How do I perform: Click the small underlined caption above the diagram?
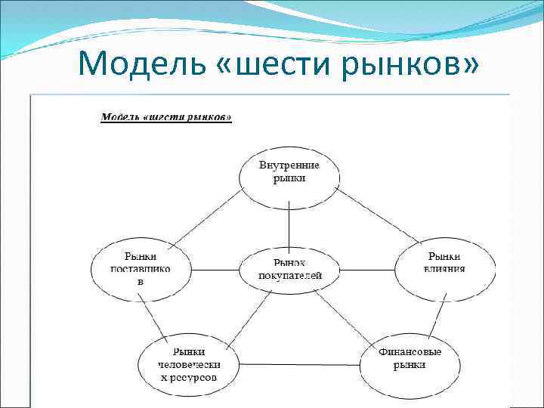pos(166,118)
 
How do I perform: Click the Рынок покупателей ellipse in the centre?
pos(289,269)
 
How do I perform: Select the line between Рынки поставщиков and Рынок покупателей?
pos(215,268)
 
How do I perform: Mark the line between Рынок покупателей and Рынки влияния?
pos(367,268)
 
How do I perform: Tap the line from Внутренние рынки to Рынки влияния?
pos(378,217)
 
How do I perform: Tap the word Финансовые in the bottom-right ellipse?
pos(410,352)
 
